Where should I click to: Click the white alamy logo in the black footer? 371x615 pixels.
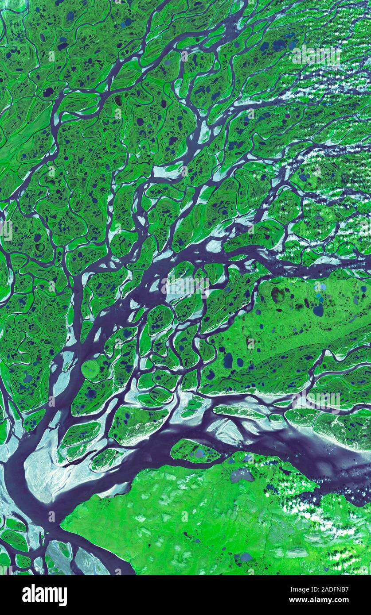[x=44, y=595]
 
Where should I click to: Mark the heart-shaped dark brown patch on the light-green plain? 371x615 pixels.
[x=278, y=295]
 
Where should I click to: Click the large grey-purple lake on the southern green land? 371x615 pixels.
[x=242, y=475]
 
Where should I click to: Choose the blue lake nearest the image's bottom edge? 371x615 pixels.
[x=245, y=557]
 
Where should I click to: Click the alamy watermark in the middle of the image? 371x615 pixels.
[x=185, y=285]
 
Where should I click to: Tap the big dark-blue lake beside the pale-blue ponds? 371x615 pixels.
[x=318, y=310]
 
